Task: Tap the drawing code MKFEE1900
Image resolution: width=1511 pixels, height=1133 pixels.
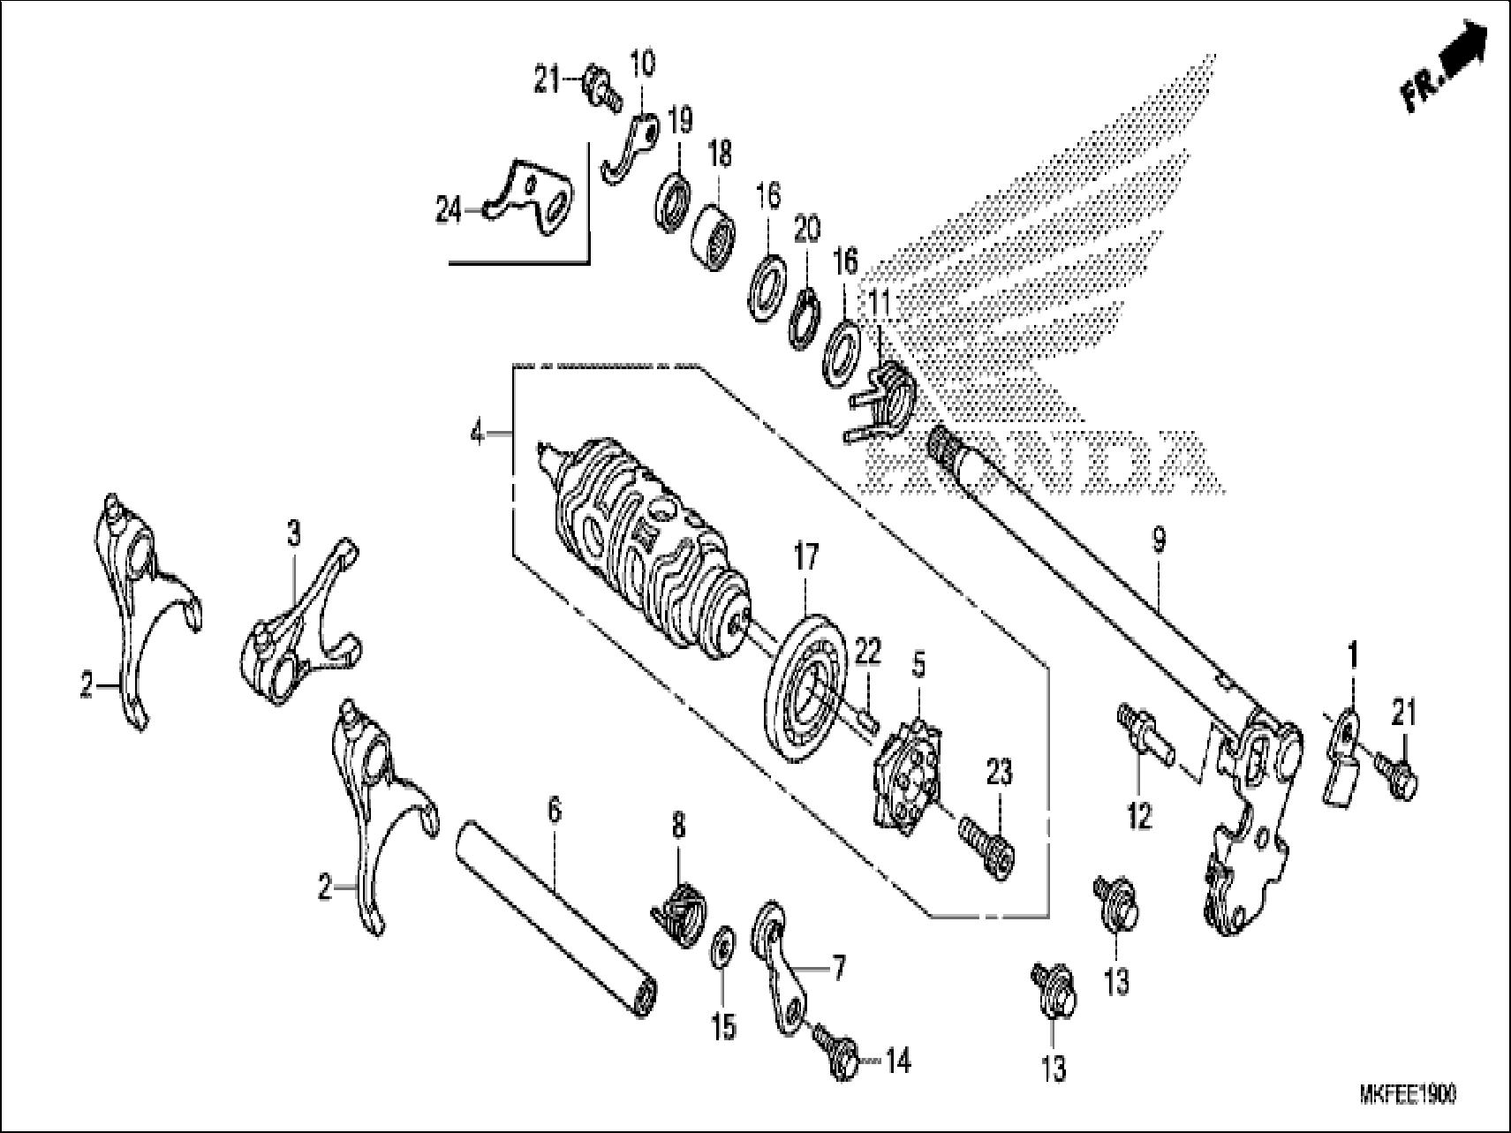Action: tap(1407, 1095)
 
